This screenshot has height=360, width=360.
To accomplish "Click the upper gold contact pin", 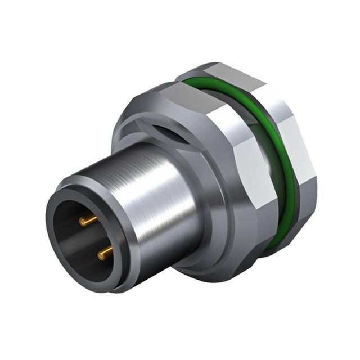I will coord(87,220).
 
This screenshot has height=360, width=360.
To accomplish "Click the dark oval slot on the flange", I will coord(169,135).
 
